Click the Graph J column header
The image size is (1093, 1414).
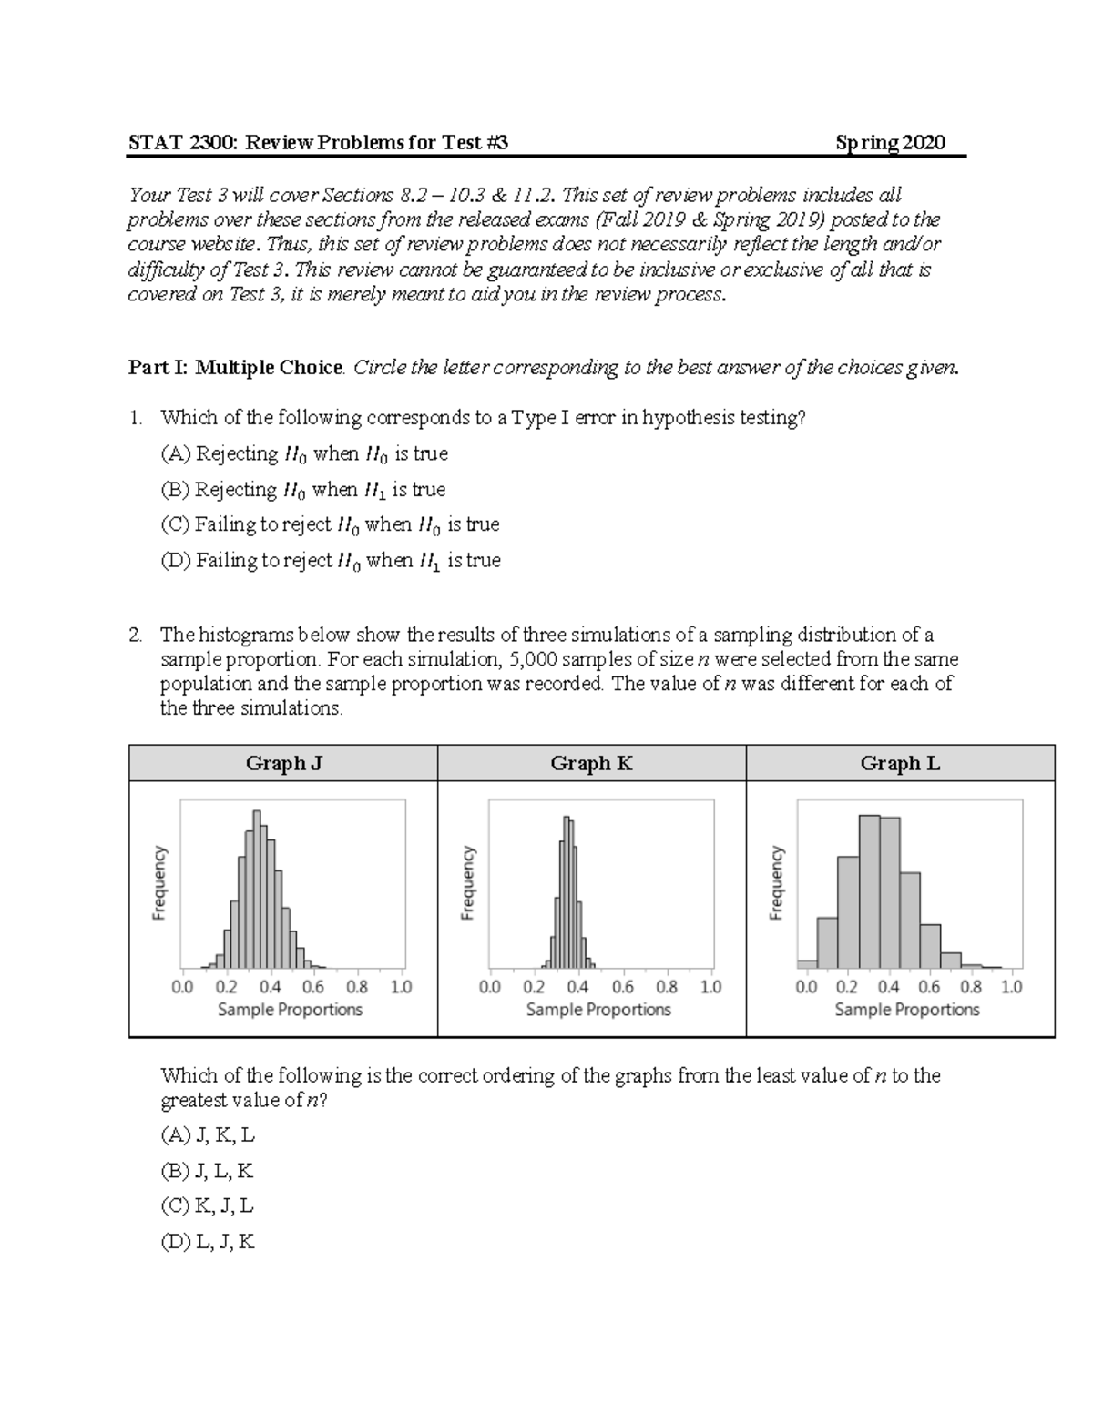click(x=283, y=763)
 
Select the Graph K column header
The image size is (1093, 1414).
click(x=591, y=763)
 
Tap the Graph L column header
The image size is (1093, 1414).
click(x=900, y=763)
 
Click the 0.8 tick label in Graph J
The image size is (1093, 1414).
click(x=357, y=986)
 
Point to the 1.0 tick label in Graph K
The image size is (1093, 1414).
click(x=710, y=986)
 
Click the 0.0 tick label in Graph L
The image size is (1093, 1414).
click(x=806, y=986)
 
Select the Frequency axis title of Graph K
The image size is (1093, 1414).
click(x=468, y=883)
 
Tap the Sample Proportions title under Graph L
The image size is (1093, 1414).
click(x=907, y=1009)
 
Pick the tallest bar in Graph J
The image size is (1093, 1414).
click(x=256, y=889)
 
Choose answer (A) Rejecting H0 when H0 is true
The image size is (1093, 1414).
click(x=304, y=453)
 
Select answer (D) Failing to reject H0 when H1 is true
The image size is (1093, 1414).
click(x=331, y=561)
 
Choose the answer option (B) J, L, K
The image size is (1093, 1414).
click(x=208, y=1171)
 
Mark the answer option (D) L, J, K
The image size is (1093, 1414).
click(x=208, y=1242)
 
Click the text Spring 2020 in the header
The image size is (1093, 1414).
click(x=890, y=142)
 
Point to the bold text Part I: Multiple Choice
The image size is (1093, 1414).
click(x=236, y=368)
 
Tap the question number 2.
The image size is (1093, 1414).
click(x=135, y=635)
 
